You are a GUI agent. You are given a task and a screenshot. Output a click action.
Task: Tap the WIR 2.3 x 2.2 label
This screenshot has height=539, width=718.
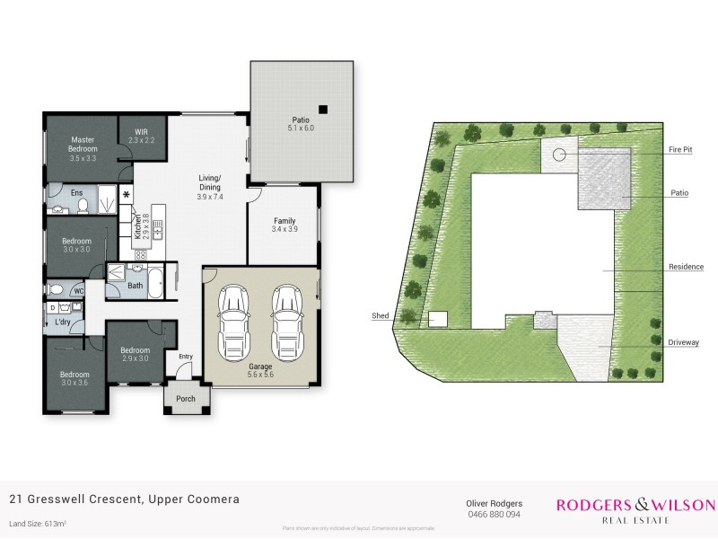click(x=142, y=136)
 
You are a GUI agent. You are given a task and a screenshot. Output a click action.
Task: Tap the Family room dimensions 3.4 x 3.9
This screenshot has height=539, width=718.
click(x=283, y=230)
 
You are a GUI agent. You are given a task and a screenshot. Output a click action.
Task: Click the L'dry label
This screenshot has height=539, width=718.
click(x=63, y=322)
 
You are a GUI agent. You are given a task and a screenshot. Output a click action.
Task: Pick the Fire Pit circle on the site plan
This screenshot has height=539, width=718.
click(x=560, y=155)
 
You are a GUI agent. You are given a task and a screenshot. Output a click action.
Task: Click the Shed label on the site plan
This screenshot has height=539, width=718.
click(x=379, y=315)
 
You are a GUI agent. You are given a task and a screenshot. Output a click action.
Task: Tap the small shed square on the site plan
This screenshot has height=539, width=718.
click(x=438, y=318)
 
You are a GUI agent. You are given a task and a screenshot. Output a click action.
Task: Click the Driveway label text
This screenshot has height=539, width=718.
click(x=684, y=342)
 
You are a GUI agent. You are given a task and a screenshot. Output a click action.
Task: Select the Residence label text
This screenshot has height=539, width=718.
click(x=684, y=268)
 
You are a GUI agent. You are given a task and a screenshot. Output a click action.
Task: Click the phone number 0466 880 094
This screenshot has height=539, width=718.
click(x=494, y=515)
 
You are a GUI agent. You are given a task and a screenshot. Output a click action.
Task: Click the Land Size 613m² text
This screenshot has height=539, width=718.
click(x=39, y=523)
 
